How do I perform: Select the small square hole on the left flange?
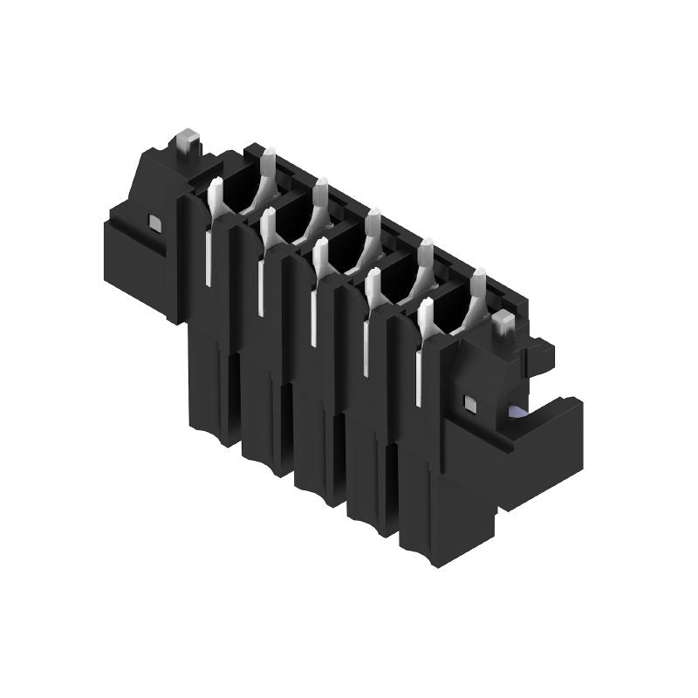pos(155,223)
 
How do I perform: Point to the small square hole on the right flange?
pos(470,402)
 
